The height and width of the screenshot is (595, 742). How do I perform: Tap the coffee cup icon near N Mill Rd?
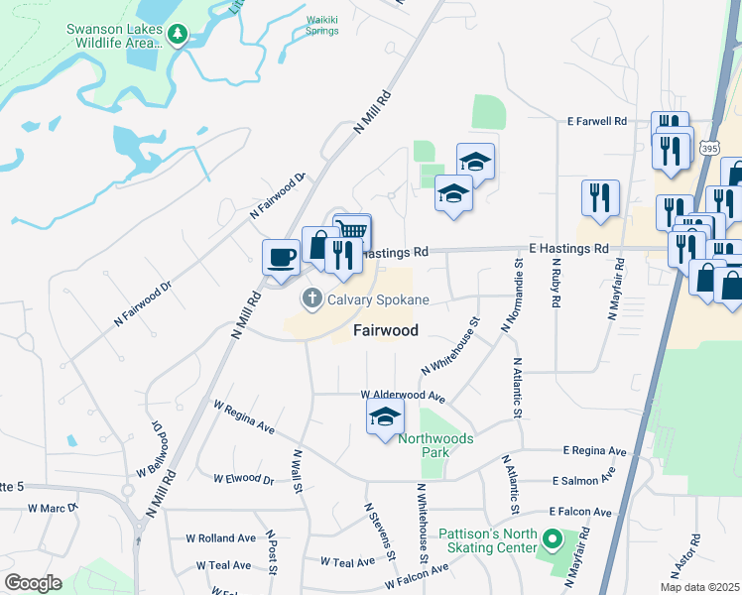click(x=281, y=256)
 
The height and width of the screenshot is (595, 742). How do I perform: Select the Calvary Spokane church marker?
click(x=311, y=298)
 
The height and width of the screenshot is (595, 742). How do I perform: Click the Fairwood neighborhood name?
click(x=385, y=330)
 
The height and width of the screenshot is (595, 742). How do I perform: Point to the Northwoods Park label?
click(x=435, y=445)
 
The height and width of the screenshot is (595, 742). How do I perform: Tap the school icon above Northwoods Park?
click(x=385, y=417)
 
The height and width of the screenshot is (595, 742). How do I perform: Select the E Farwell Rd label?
click(x=598, y=121)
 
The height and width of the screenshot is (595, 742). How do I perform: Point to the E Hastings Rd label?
click(x=567, y=248)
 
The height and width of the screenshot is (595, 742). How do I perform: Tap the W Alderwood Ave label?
click(x=403, y=396)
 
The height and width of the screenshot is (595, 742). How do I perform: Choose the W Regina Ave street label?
click(x=244, y=417)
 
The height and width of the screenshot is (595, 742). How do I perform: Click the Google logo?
click(x=33, y=582)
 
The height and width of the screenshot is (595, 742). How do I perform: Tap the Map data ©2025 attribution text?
click(x=699, y=587)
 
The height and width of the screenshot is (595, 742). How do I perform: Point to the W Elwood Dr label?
click(x=243, y=479)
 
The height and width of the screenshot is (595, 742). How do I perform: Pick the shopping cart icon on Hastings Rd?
click(x=352, y=231)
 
